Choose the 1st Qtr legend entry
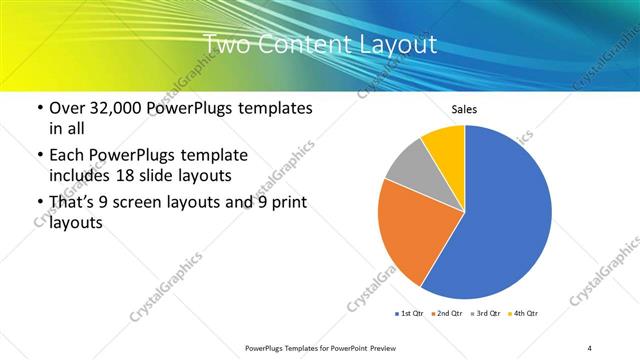point(410,314)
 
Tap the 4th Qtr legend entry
point(525,314)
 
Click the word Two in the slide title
point(226,44)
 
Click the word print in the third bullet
point(288,202)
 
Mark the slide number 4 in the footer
point(590,347)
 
